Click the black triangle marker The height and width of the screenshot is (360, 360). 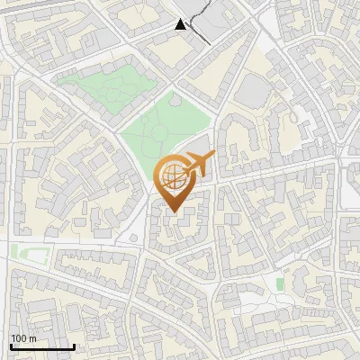pos(181,24)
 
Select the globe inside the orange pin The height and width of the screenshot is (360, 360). pos(170,175)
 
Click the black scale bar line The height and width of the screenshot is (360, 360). pos(42,346)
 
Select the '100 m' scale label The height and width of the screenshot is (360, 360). pos(23,337)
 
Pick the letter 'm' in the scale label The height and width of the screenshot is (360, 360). pos(32,337)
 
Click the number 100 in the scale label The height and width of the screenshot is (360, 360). pos(19,337)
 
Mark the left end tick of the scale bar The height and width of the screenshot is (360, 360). pos(11,345)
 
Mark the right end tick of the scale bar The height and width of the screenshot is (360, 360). pos(74,345)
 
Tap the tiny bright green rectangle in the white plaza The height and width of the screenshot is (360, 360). pos(280,284)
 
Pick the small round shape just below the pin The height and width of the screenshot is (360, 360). pos(133,238)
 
